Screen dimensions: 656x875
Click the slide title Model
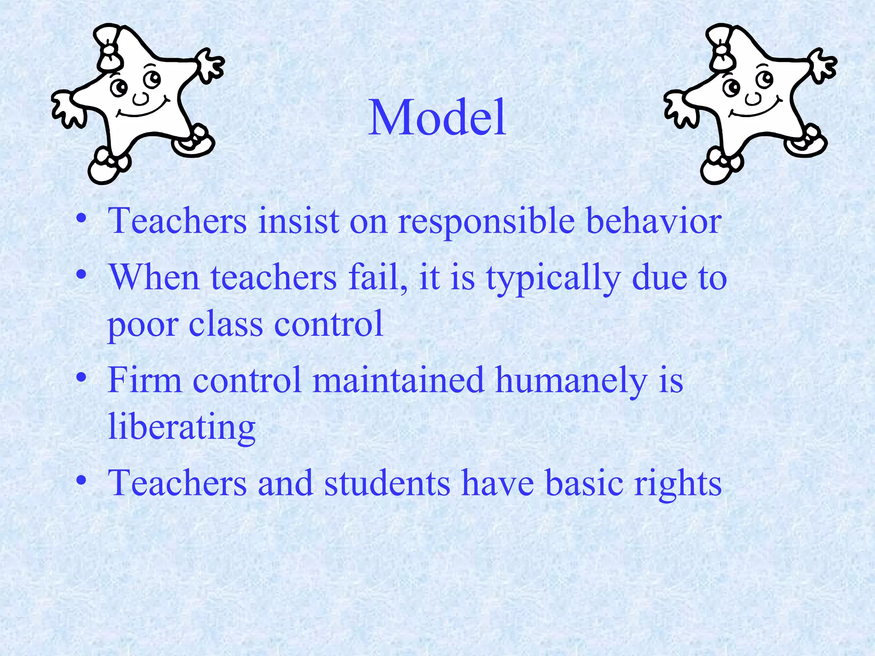click(x=437, y=117)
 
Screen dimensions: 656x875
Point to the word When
click(x=154, y=278)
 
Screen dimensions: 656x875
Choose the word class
click(x=226, y=324)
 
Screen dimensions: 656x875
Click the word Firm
click(x=145, y=380)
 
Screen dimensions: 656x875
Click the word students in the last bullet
click(x=387, y=483)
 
